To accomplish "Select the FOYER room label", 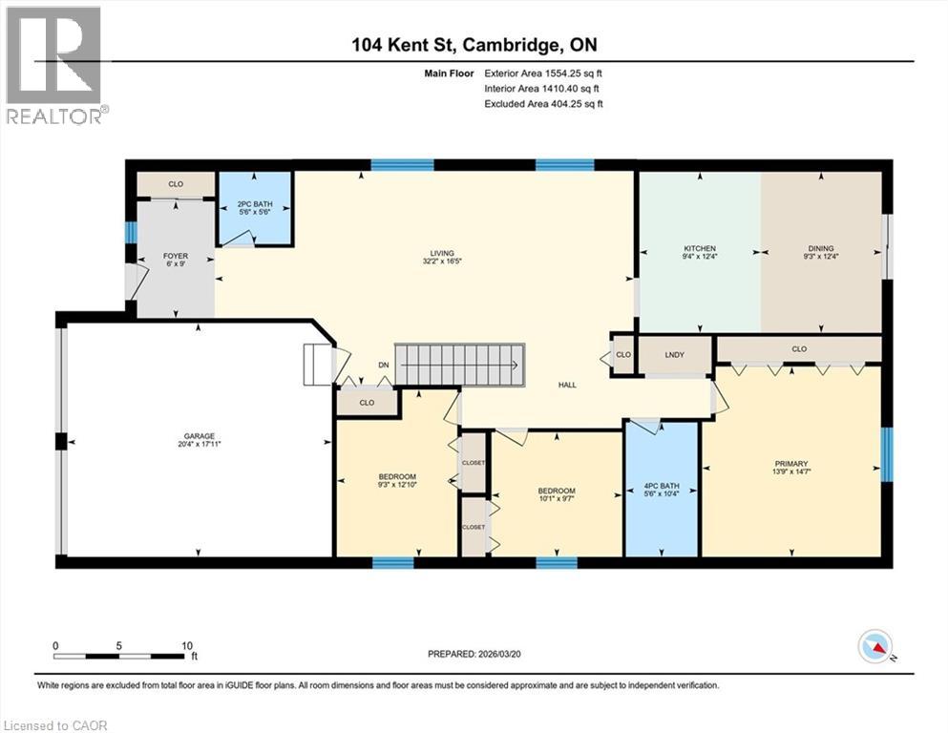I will tap(175, 256).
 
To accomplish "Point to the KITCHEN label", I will tap(700, 248).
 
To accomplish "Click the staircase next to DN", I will tap(460, 364).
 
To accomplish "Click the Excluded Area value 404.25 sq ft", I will tap(570, 103).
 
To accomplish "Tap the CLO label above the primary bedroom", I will tap(799, 348).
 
